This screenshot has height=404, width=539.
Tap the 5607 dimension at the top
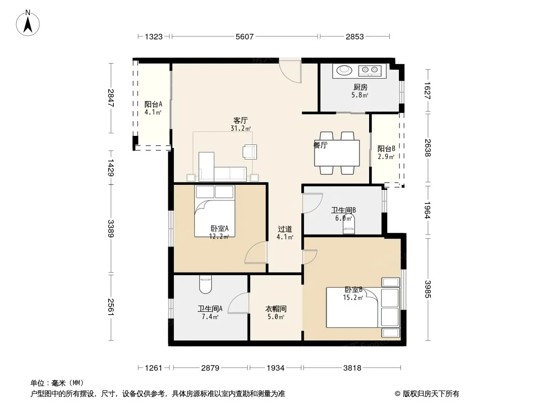244,36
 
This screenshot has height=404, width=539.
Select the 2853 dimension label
355,36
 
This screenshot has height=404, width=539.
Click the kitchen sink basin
344,70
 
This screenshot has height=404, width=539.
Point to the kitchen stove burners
370,70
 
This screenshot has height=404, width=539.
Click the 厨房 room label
360,87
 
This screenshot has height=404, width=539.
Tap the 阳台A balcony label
153,104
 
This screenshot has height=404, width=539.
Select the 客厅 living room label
240,121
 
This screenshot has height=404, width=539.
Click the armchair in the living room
250,151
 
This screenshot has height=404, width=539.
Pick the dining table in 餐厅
337,153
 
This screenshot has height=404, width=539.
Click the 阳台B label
386,148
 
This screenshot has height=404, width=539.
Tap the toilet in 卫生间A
206,284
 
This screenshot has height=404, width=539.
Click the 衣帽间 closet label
276,309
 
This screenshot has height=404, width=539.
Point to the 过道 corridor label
285,229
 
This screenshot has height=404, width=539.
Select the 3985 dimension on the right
427,289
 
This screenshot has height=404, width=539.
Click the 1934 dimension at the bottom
276,368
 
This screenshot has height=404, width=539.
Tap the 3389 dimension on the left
111,229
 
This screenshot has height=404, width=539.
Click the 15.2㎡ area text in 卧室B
353,297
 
